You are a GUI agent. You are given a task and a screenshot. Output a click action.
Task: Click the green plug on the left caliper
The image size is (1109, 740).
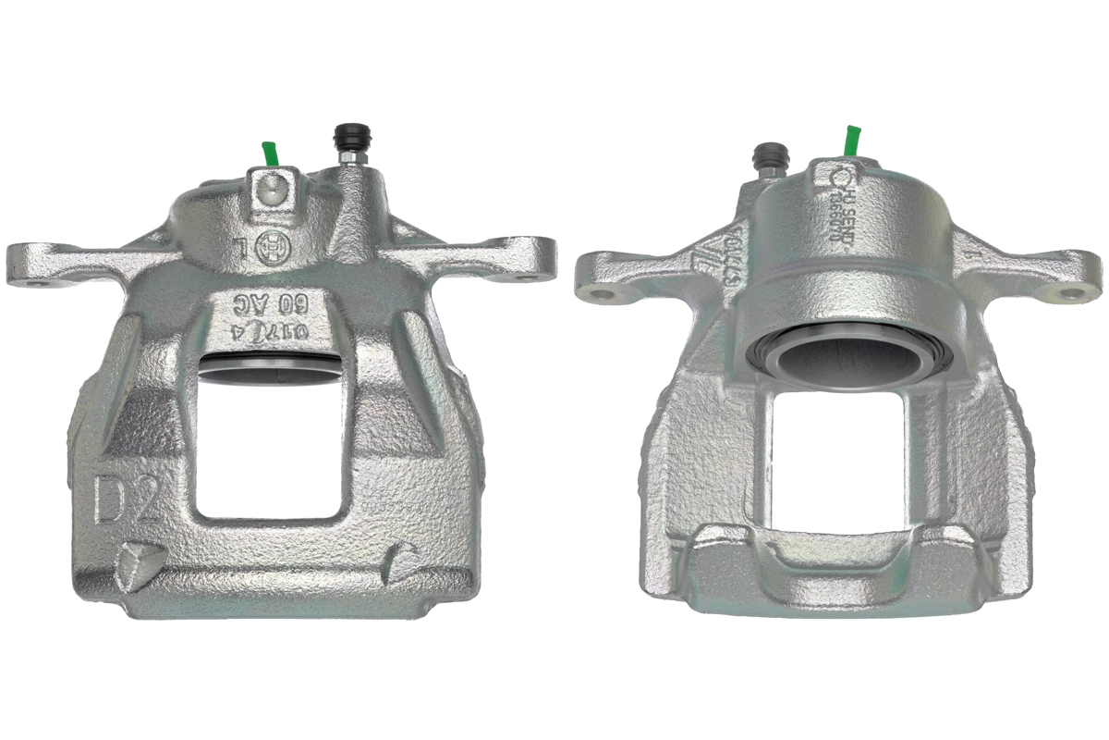pos(270,153)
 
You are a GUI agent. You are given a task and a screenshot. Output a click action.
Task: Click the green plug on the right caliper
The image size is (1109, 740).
pos(851,141)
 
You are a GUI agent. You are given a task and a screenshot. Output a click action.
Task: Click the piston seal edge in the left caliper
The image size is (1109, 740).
pos(268,366)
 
